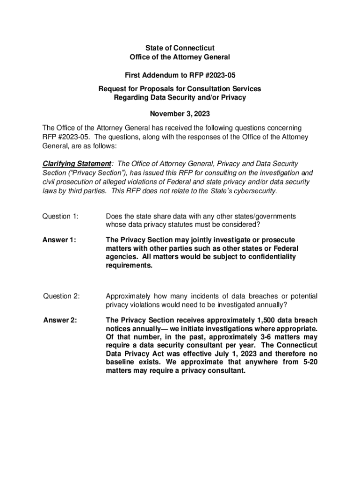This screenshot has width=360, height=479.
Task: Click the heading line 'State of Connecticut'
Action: [x=180, y=48]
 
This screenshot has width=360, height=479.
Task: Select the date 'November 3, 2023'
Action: [x=180, y=114]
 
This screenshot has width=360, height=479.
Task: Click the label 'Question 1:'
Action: [x=60, y=216]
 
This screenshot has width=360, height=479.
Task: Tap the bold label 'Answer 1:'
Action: [x=59, y=240]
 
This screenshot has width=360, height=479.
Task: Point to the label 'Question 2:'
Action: [x=61, y=296]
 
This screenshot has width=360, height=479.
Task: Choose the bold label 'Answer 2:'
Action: [x=60, y=320]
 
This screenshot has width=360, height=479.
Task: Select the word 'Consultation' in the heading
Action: [x=207, y=89]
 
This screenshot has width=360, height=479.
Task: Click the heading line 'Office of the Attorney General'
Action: [x=180, y=57]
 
